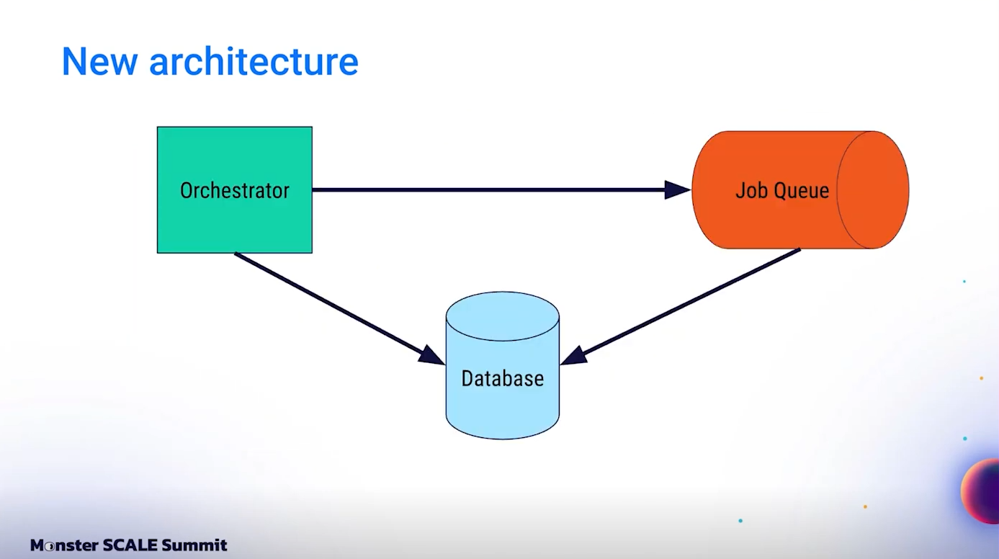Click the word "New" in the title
[x=99, y=61]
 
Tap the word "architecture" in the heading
[x=254, y=63]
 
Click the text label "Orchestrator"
[x=234, y=190]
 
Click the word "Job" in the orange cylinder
[x=749, y=190]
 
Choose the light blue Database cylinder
[x=502, y=411]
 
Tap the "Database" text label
[x=502, y=378]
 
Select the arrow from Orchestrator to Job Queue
[x=490, y=189]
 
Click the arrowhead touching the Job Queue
[x=678, y=189]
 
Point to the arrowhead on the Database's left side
[x=431, y=356]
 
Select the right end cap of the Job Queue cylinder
[x=872, y=189]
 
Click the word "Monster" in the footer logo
[x=63, y=545]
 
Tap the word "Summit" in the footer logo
[x=194, y=545]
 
